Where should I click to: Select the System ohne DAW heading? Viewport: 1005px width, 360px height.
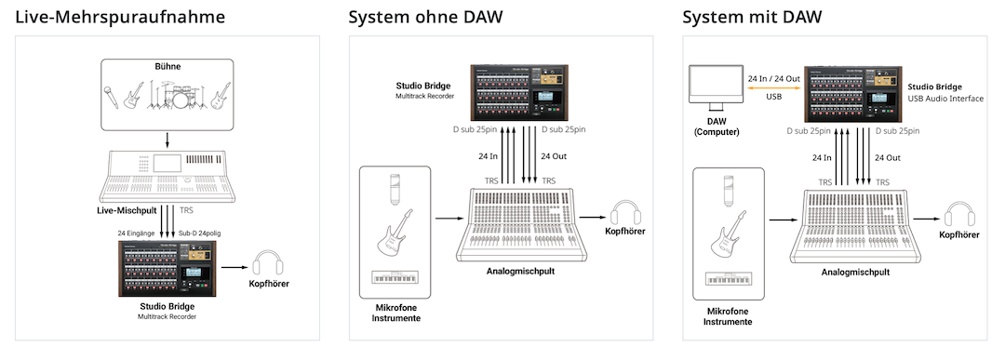(422, 16)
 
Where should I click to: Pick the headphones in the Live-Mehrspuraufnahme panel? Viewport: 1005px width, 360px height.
(268, 263)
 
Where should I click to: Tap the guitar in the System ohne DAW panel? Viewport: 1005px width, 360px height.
(394, 232)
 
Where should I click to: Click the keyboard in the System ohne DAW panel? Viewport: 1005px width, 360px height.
(394, 277)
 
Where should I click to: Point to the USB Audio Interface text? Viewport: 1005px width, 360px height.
(945, 98)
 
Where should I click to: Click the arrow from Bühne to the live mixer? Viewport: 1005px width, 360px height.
(167, 140)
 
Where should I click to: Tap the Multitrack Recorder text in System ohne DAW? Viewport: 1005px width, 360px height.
(424, 96)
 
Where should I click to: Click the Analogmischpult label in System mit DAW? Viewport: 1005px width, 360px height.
(855, 272)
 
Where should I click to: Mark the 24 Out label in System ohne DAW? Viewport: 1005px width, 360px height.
(553, 156)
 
